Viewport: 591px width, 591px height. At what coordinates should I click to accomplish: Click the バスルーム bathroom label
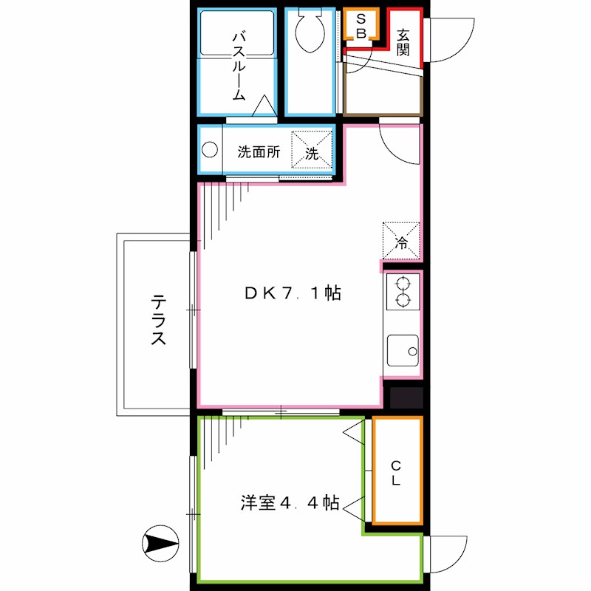[x=239, y=66]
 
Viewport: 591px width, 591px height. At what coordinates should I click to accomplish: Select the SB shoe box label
[x=361, y=26]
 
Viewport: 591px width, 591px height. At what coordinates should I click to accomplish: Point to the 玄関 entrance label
[x=403, y=42]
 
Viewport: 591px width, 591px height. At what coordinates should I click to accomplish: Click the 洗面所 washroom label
[x=259, y=153]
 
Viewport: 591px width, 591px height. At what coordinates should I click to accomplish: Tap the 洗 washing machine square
[x=312, y=150]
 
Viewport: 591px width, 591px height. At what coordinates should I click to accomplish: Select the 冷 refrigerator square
[x=401, y=240]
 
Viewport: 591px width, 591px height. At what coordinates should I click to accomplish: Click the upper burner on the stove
[x=403, y=284]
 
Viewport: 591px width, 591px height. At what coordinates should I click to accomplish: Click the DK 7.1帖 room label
[x=293, y=293]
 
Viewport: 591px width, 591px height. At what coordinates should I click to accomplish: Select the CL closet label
[x=396, y=473]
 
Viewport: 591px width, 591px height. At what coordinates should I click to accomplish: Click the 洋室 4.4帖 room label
[x=290, y=504]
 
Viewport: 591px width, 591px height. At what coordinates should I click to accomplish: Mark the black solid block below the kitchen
[x=406, y=398]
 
